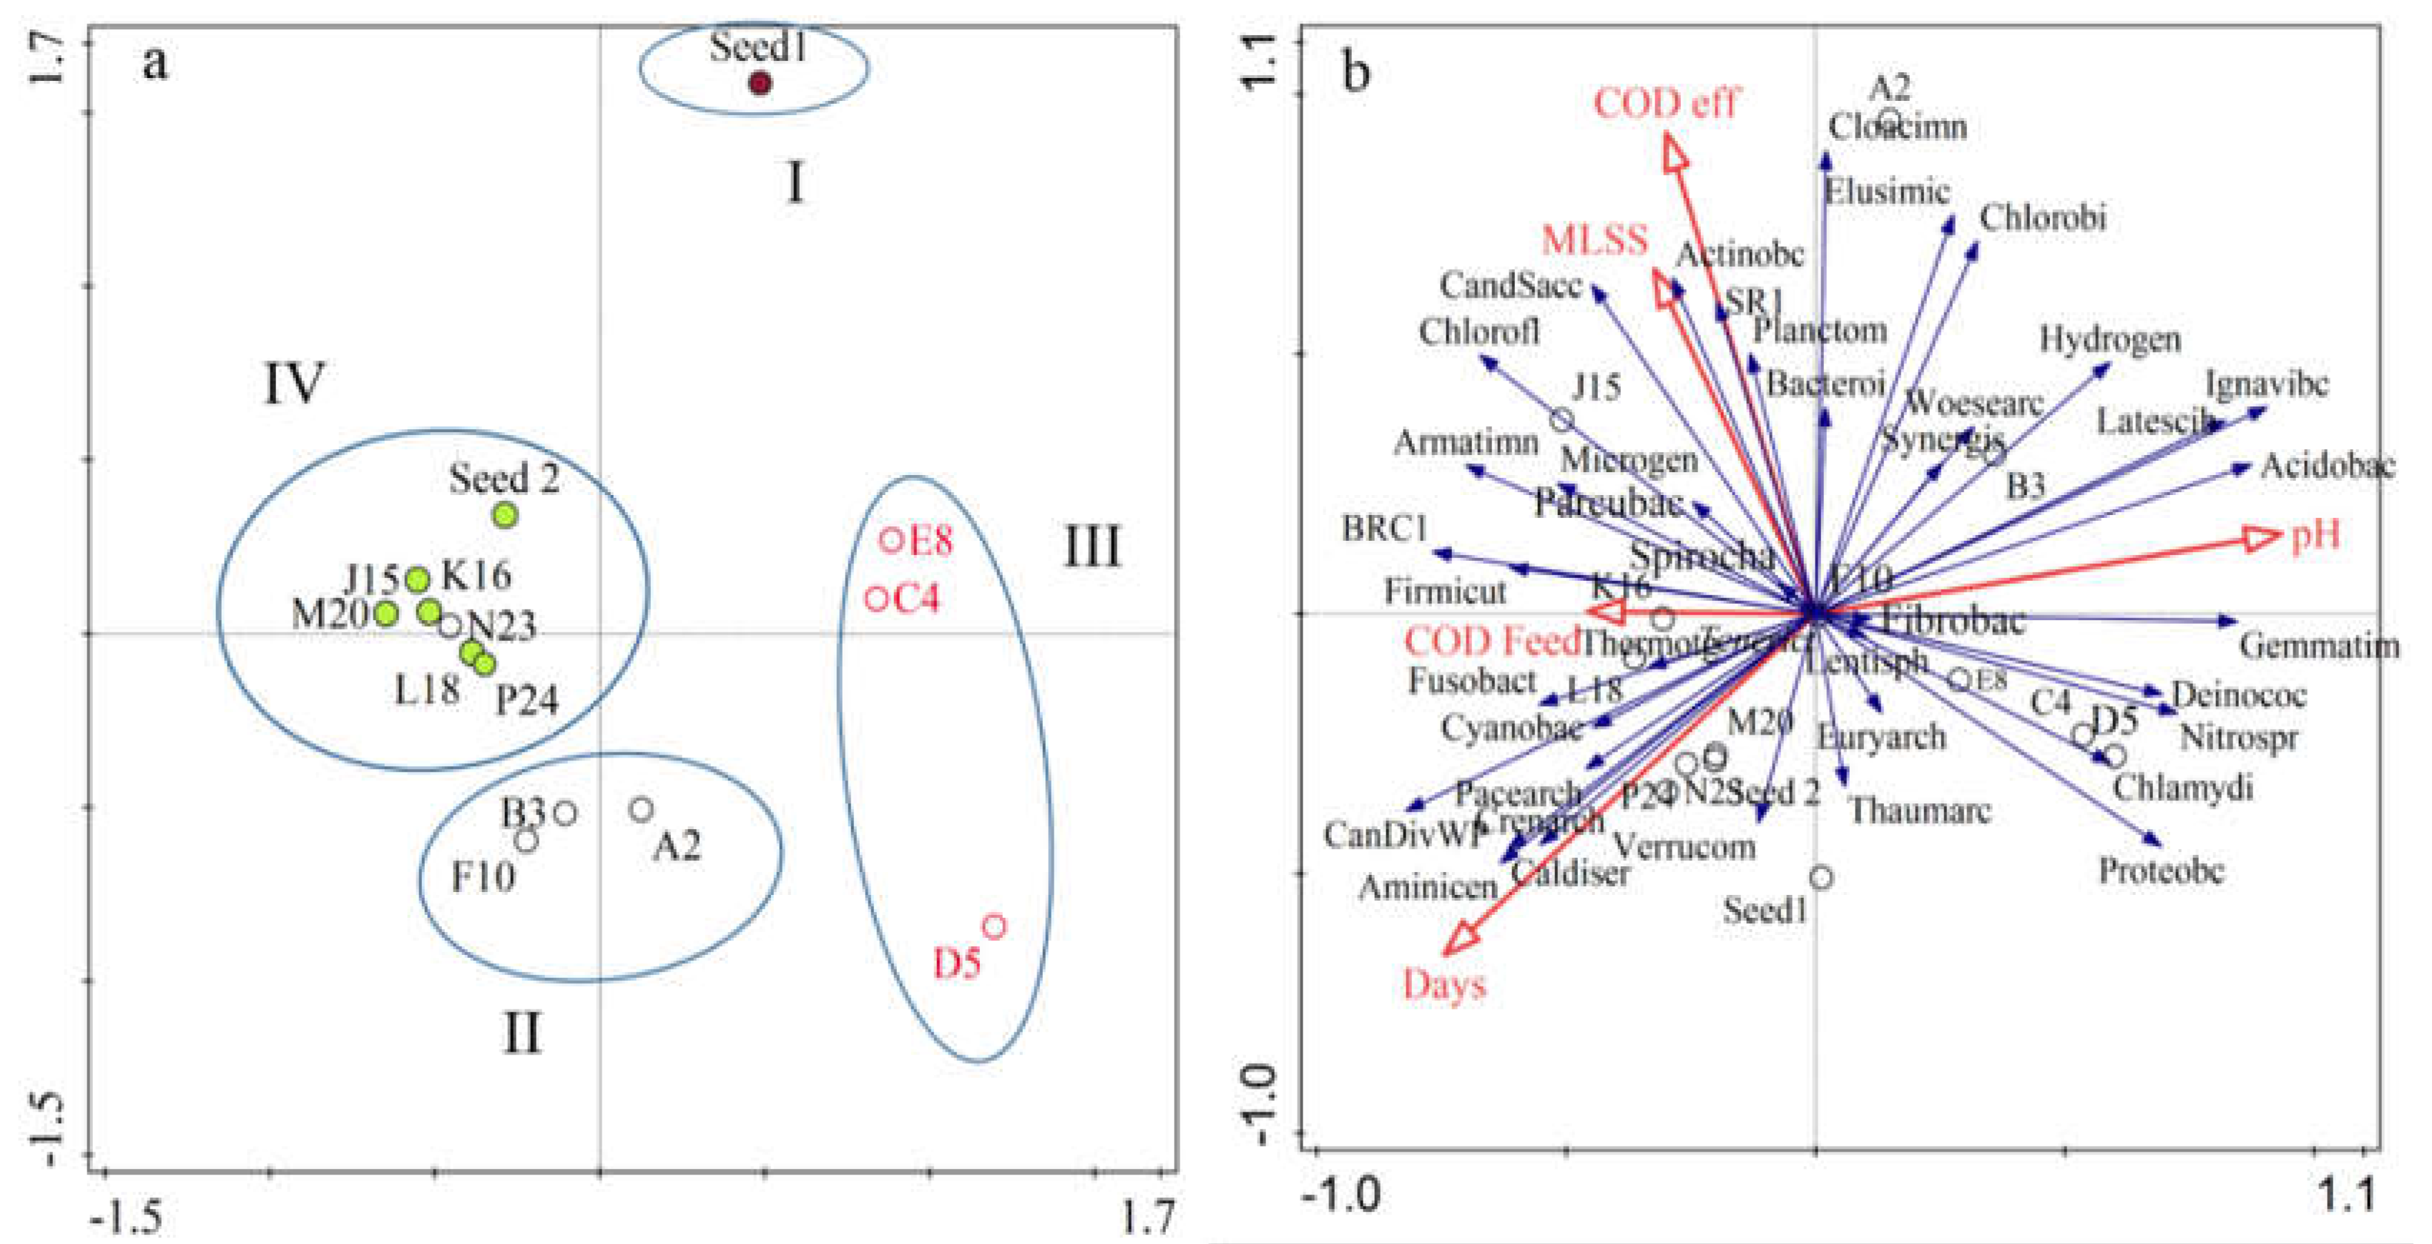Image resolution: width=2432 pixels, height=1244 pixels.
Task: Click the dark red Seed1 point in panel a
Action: (x=760, y=84)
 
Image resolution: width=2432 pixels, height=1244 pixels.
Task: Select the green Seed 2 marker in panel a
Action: (x=506, y=515)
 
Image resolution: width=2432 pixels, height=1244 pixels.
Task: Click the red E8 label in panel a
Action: (x=930, y=542)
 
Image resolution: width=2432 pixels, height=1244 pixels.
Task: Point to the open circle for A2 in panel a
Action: (x=642, y=809)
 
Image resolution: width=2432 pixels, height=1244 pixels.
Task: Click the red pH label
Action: (x=2316, y=535)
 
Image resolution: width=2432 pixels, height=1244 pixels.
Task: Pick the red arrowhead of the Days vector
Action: (x=1461, y=940)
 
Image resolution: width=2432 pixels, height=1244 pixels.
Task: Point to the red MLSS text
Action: (x=1594, y=240)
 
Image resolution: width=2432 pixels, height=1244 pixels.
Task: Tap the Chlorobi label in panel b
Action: (x=2042, y=218)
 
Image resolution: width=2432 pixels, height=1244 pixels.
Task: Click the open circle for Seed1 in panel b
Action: (x=1821, y=878)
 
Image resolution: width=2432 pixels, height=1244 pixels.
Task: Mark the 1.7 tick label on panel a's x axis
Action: (x=1149, y=1218)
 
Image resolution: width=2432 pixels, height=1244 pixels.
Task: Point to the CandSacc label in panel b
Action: (x=1511, y=285)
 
